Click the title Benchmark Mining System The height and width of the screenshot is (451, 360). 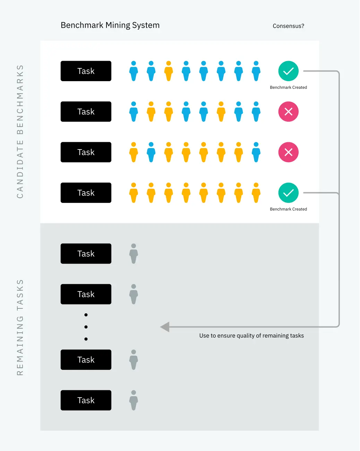(x=110, y=25)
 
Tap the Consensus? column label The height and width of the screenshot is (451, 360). (x=288, y=26)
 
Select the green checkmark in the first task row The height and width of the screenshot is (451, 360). (x=288, y=71)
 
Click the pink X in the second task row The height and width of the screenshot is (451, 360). (x=288, y=111)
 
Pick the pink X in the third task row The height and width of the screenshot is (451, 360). (x=288, y=152)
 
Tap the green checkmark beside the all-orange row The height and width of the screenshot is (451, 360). (x=288, y=193)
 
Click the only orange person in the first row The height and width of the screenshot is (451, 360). (x=169, y=71)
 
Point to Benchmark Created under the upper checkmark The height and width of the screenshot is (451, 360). (x=288, y=87)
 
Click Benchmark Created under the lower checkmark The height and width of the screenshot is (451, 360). (x=288, y=209)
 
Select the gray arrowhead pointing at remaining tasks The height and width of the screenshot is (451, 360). (x=165, y=327)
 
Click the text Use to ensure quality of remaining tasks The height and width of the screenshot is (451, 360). (x=251, y=335)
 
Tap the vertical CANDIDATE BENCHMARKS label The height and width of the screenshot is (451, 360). (x=20, y=131)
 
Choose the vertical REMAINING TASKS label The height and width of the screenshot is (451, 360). (x=20, y=327)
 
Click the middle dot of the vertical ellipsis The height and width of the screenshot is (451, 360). (x=86, y=327)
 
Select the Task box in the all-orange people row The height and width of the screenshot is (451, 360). (x=86, y=193)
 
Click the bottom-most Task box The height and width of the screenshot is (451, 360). (x=86, y=400)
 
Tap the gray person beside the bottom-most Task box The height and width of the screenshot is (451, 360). (x=134, y=400)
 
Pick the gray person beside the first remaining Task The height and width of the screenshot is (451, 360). (x=134, y=254)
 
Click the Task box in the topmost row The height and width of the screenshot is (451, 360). (x=86, y=71)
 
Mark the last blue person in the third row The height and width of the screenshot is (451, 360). (x=256, y=152)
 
